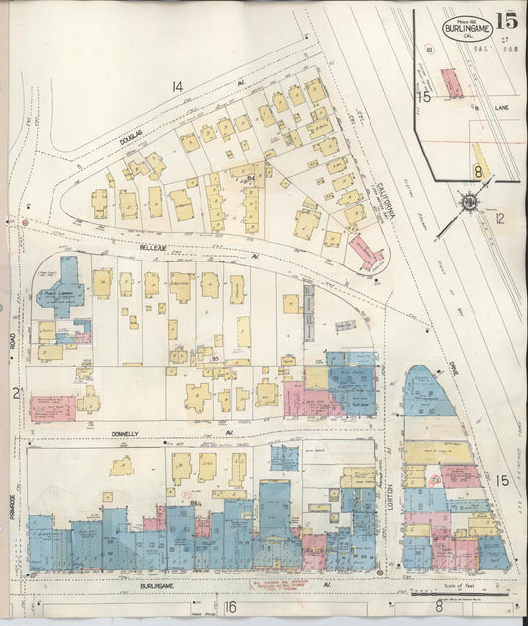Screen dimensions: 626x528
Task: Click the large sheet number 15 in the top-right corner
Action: pos(507,19)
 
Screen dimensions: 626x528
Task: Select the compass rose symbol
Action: pos(468,202)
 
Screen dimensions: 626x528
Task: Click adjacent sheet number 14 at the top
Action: pos(177,88)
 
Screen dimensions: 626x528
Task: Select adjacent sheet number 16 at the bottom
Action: pos(230,606)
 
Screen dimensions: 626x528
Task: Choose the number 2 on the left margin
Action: pos(16,394)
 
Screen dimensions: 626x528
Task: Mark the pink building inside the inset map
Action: pos(452,82)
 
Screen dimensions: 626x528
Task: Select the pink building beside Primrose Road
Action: pos(52,408)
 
